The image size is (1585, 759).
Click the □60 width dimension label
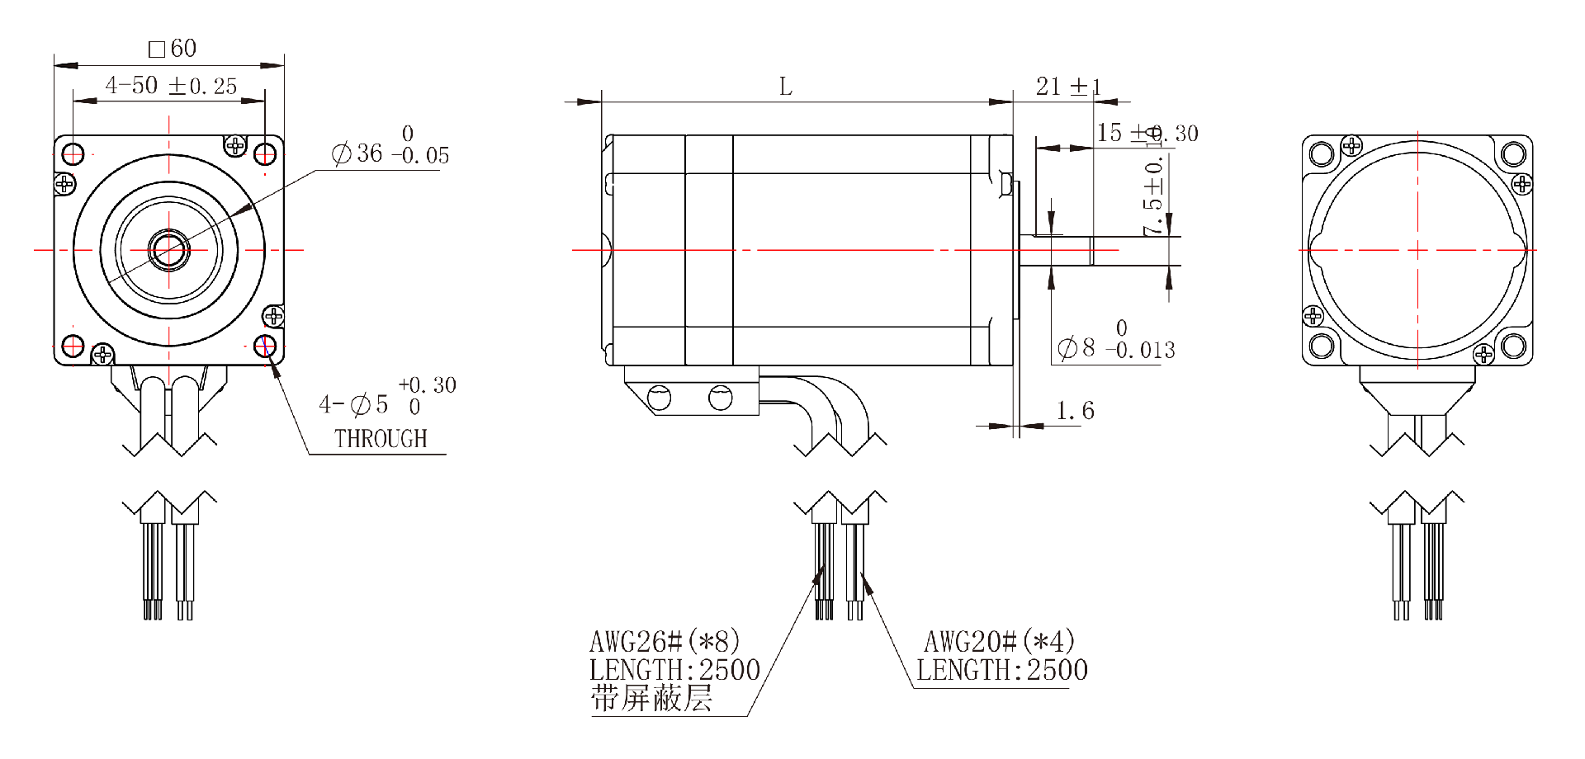[173, 49]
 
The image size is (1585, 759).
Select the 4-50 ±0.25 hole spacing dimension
[171, 86]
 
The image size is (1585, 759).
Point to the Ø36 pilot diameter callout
[390, 153]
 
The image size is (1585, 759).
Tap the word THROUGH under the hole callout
[381, 439]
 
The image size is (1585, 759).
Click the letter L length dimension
[786, 87]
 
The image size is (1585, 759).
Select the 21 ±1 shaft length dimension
[1068, 86]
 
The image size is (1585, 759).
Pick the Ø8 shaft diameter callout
[1114, 347]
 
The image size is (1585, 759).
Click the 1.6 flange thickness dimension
[1075, 410]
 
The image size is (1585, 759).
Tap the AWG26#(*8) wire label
[665, 641]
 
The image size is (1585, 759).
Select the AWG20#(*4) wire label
[999, 641]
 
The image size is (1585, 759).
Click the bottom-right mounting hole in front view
[266, 345]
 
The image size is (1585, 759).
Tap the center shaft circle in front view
[168, 249]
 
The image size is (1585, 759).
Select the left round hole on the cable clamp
[660, 398]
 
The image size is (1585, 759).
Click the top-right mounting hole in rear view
[1513, 154]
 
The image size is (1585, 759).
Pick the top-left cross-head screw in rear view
[1352, 146]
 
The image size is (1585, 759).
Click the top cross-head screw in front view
[236, 146]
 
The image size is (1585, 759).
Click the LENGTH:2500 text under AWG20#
[1001, 670]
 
